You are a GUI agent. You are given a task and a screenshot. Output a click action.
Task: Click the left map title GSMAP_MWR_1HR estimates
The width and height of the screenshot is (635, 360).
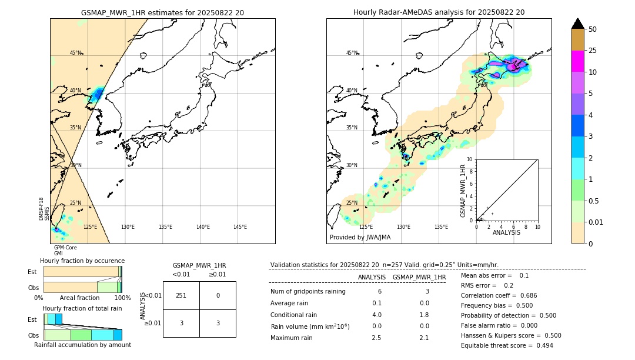pyautogui.click(x=162, y=12)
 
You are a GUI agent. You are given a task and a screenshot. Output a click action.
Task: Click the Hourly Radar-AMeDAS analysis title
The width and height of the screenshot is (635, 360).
pyautogui.click(x=439, y=12)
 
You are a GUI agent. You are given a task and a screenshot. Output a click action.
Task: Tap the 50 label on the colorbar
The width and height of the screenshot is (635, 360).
pyautogui.click(x=593, y=29)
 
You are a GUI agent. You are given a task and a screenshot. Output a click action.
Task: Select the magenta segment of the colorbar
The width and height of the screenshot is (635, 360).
pyautogui.click(x=577, y=61)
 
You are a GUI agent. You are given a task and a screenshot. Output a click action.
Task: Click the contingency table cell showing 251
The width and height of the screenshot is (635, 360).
pyautogui.click(x=181, y=295)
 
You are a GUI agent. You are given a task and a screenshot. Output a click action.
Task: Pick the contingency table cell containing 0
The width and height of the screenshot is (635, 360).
pyautogui.click(x=218, y=295)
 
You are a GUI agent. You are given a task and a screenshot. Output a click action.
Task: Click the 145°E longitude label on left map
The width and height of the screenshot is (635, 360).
pyautogui.click(x=240, y=227)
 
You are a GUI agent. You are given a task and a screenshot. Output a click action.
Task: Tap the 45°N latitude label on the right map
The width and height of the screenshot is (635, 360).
pyautogui.click(x=352, y=53)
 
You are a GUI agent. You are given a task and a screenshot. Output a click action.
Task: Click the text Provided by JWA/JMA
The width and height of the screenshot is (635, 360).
pyautogui.click(x=360, y=238)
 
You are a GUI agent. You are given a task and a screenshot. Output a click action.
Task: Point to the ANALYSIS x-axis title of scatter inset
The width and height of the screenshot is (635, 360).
pyautogui.click(x=506, y=232)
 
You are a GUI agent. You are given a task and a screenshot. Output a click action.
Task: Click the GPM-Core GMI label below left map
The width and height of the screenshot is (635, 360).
pyautogui.click(x=65, y=251)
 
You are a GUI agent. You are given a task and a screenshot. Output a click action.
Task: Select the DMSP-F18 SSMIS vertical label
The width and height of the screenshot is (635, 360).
pyautogui.click(x=44, y=209)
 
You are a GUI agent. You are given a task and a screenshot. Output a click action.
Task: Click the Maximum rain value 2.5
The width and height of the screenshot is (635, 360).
pyautogui.click(x=377, y=338)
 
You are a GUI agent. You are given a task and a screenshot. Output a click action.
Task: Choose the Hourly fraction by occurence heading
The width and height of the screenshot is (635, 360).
pyautogui.click(x=82, y=261)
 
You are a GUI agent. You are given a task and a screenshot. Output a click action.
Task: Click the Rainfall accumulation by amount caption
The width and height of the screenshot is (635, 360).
pyautogui.click(x=82, y=345)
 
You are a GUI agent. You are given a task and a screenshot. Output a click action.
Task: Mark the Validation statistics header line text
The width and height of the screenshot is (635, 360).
pyautogui.click(x=384, y=265)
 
